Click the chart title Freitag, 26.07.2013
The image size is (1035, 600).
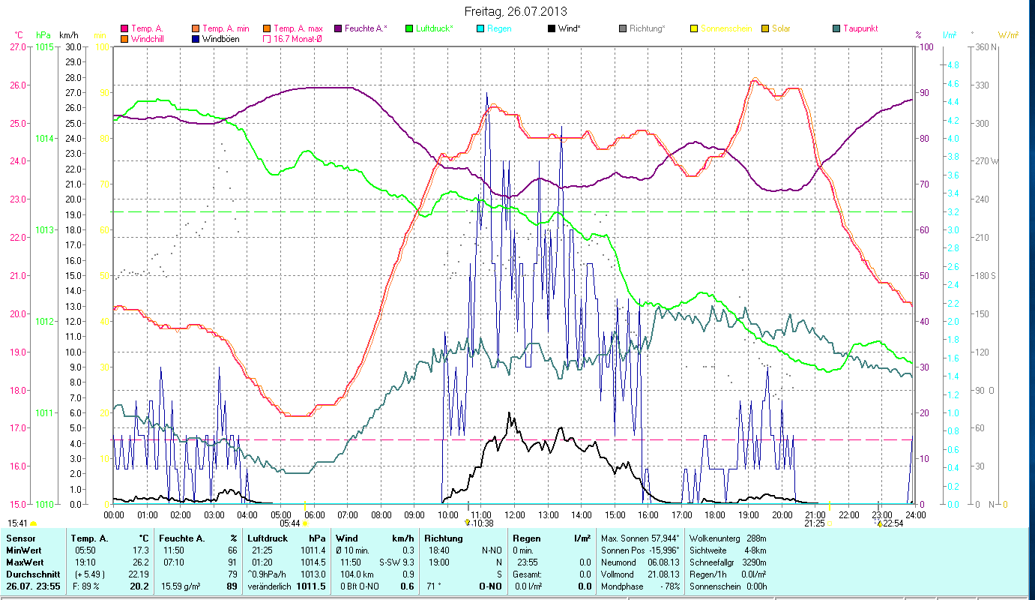(x=516, y=11)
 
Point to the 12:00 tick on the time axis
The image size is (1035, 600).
(x=514, y=514)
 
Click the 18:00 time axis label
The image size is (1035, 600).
(x=715, y=514)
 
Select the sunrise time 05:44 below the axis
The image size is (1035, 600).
(x=290, y=523)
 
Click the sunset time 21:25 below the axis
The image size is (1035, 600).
(x=815, y=523)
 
